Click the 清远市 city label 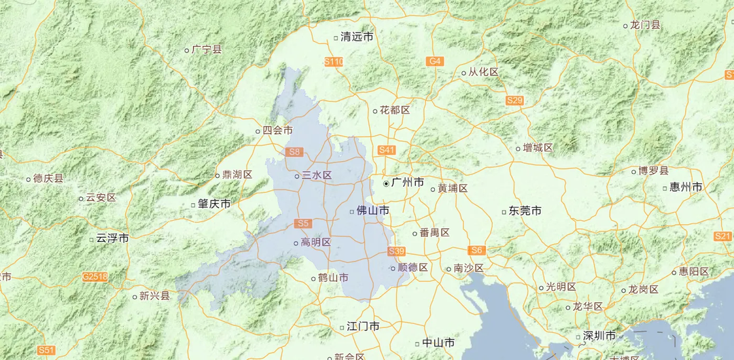click(357, 37)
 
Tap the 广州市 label click(407, 183)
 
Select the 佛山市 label click(373, 211)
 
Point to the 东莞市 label click(525, 211)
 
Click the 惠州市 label click(686, 186)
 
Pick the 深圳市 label click(599, 336)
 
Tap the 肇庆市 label click(214, 203)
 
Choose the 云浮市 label click(112, 238)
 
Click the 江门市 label click(363, 327)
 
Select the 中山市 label click(438, 343)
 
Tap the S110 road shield click(334, 62)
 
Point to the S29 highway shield click(515, 101)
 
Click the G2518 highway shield click(95, 276)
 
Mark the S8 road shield click(294, 152)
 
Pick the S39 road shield click(397, 251)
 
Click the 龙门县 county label click(645, 25)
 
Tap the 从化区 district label click(483, 72)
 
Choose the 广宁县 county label click(207, 49)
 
